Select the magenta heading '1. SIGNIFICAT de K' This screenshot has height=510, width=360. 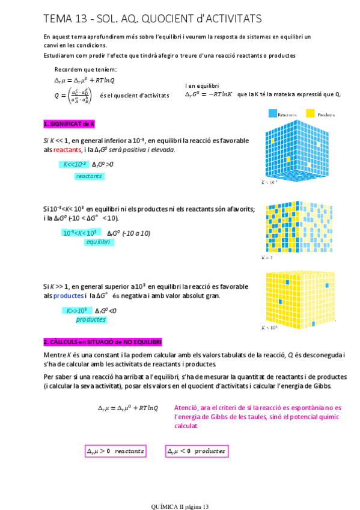[x=69, y=124]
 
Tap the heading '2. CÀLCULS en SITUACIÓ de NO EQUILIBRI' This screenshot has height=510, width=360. [x=102, y=342]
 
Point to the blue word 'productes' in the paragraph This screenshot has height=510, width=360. [x=68, y=296]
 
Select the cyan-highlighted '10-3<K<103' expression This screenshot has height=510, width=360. [x=79, y=233]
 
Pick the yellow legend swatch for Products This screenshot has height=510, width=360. [x=310, y=113]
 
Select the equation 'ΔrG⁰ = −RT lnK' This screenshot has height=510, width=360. [x=208, y=94]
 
